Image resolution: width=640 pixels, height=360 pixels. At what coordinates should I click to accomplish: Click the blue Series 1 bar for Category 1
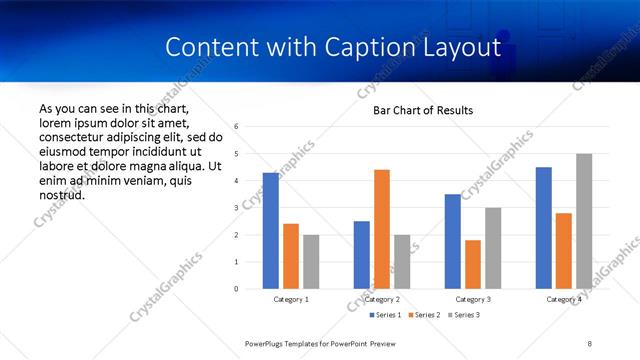click(270, 231)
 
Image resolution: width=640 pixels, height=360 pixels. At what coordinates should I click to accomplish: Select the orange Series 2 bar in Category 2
click(382, 229)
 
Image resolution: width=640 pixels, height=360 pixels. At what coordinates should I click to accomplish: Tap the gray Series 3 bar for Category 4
click(584, 221)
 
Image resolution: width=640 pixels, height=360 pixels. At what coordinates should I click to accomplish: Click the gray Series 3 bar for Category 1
click(311, 262)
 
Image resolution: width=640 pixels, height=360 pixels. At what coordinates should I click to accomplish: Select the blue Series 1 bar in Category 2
click(361, 255)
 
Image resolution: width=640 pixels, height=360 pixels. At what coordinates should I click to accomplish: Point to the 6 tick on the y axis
click(236, 127)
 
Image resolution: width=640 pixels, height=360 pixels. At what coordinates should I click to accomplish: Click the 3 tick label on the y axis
click(236, 208)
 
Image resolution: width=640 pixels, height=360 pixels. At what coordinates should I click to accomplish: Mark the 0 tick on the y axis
click(236, 289)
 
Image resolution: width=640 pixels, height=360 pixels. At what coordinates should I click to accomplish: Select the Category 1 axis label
click(291, 300)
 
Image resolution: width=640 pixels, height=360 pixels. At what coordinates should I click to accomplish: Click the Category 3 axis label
click(473, 300)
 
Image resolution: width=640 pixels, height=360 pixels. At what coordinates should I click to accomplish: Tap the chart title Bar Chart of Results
click(423, 110)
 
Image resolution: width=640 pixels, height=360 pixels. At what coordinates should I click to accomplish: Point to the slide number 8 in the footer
click(590, 343)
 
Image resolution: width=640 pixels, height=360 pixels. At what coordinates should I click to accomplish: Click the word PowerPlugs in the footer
click(268, 343)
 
